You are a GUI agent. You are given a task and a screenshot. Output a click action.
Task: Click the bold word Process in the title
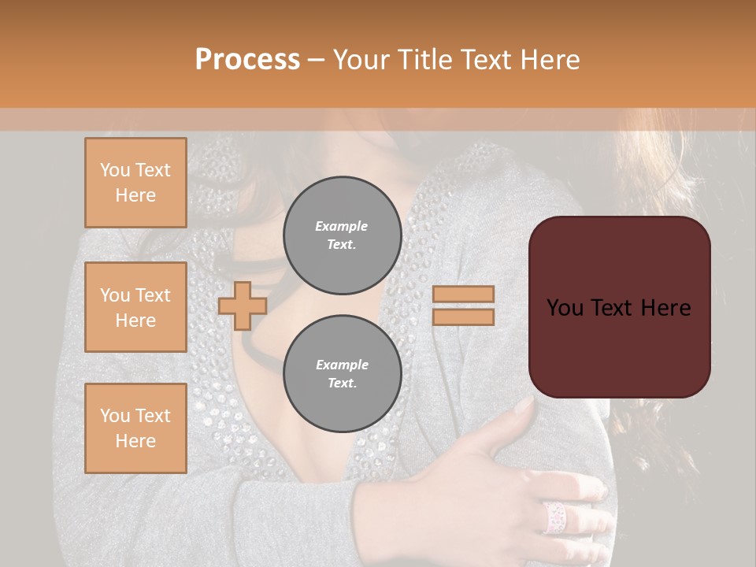point(247,60)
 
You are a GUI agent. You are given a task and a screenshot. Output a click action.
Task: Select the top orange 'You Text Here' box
point(135,183)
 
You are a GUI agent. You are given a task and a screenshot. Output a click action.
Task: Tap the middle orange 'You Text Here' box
point(135,307)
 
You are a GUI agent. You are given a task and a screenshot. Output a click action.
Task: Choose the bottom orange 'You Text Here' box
point(135,428)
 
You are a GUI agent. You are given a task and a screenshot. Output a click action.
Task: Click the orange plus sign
point(243,306)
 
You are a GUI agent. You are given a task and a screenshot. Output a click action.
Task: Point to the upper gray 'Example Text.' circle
point(342,235)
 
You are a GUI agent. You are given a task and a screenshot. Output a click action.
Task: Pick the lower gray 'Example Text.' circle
point(342,374)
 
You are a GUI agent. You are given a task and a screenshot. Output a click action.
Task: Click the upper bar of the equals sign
point(464,294)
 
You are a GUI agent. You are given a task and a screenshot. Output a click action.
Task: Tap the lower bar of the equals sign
point(464,317)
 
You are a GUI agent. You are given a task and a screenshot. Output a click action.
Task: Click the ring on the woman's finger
point(554,516)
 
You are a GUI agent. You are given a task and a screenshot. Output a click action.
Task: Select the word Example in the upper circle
point(341,226)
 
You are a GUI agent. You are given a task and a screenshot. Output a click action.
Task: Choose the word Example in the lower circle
point(341,365)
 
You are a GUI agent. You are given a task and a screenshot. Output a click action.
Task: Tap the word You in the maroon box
point(565,308)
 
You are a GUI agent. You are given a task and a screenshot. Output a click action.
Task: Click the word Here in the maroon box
point(665,308)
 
